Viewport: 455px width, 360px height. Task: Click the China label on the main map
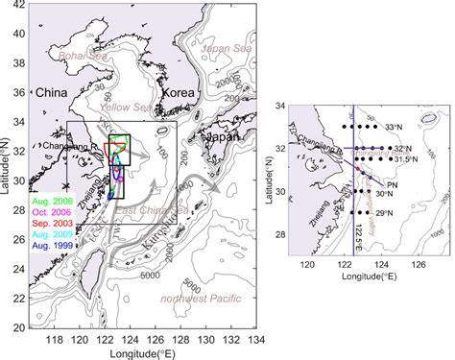tap(49, 94)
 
